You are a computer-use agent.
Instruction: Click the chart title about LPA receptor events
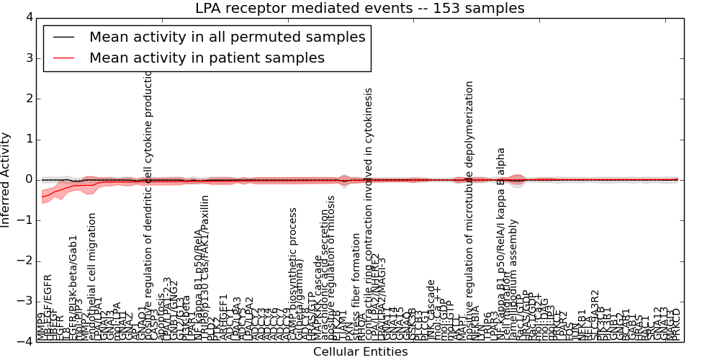point(360,9)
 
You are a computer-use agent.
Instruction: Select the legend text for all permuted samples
point(228,37)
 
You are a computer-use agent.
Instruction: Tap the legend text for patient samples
point(207,58)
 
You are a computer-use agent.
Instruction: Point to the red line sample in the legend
point(63,58)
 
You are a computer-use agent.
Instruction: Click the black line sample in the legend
point(63,37)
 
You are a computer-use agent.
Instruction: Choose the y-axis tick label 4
point(28,17)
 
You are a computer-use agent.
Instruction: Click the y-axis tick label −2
point(25,261)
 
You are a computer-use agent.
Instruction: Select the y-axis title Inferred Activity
point(6,179)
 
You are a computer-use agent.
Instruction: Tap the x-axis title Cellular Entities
point(360,352)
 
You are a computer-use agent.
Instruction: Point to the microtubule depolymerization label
point(469,209)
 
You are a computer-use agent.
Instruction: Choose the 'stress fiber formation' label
point(356,277)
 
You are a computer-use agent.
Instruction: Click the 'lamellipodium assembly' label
point(514,270)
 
